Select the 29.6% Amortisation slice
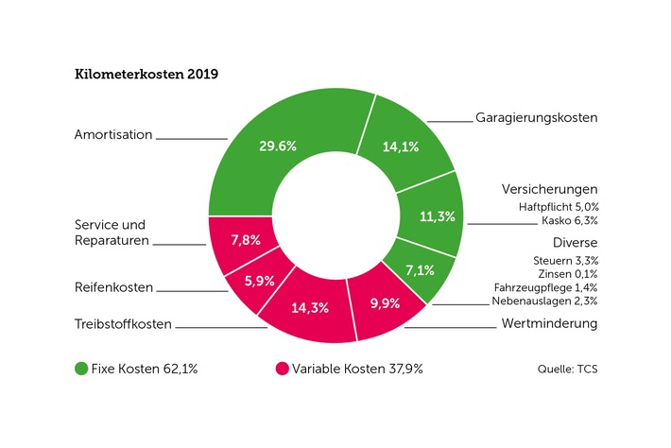(278, 146)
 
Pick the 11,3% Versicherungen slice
(436, 216)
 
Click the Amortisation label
(113, 135)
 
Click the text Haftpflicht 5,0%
(558, 206)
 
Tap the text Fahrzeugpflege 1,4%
(545, 287)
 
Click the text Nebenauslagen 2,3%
(544, 302)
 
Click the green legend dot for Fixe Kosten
(81, 368)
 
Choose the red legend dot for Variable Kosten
(282, 368)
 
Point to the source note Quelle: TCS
(568, 369)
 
